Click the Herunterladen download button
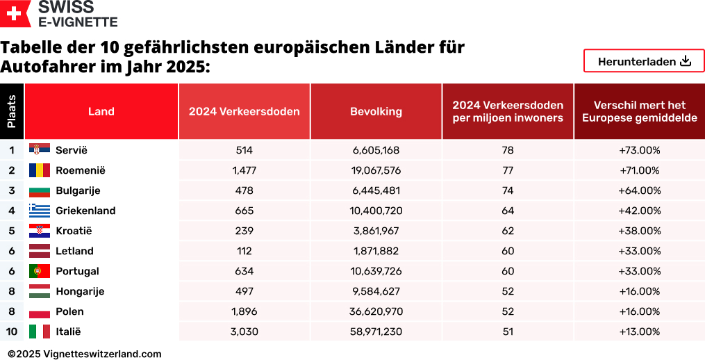(644, 61)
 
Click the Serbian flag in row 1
(39, 150)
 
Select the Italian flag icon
(39, 332)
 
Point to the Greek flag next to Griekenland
(39, 211)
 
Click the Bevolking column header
(376, 111)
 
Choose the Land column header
(101, 111)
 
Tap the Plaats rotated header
(12, 111)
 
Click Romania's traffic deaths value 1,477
(244, 170)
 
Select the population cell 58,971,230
(376, 332)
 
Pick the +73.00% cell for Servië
(639, 150)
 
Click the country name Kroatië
(74, 231)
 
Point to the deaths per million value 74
(508, 190)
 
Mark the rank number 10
(12, 332)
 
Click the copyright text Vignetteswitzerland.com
(85, 354)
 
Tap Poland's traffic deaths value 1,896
(244, 311)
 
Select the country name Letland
(74, 251)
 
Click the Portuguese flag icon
(39, 271)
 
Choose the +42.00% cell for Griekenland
(639, 211)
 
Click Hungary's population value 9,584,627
(376, 291)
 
